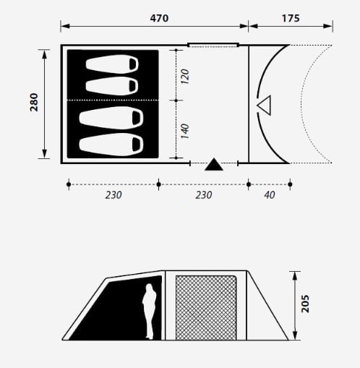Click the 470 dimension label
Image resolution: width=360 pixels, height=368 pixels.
point(159,18)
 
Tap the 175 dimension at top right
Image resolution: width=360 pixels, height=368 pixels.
point(291,18)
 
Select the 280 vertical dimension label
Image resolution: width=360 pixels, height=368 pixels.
point(34,102)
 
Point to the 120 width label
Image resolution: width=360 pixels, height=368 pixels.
point(185,77)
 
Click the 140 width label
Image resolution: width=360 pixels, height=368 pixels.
point(185,131)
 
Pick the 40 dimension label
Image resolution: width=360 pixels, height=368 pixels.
point(270,195)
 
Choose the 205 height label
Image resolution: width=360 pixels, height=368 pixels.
point(305,304)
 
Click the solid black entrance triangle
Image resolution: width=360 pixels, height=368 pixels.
point(214,165)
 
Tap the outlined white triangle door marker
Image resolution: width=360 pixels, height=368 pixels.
point(265,106)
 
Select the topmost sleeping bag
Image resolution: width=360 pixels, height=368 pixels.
point(112,64)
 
